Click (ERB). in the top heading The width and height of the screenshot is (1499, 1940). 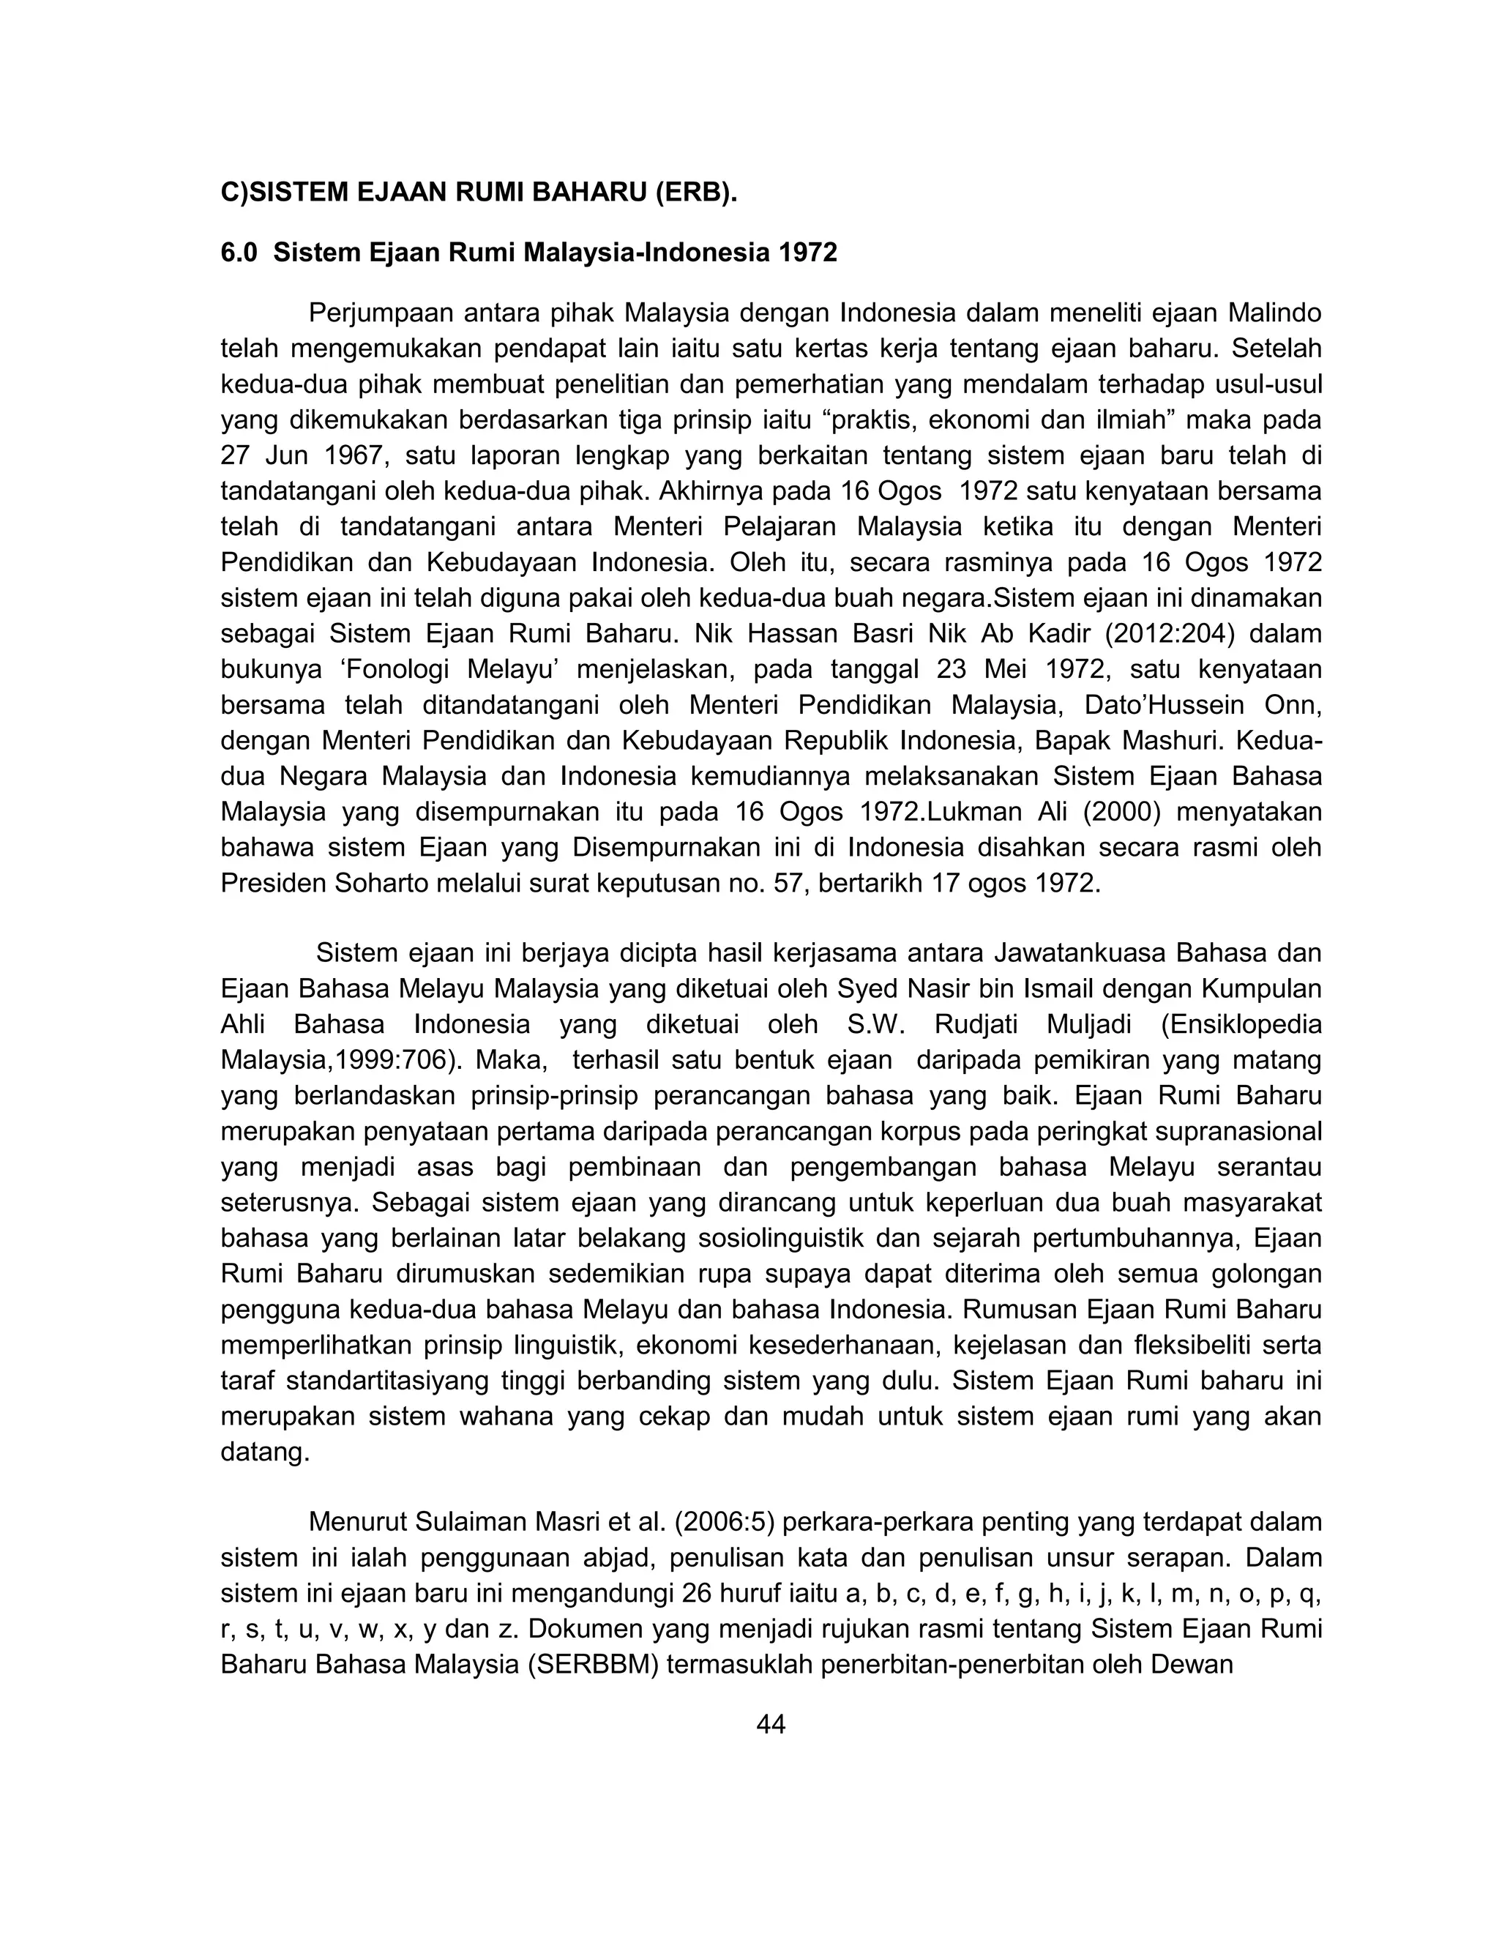[696, 192]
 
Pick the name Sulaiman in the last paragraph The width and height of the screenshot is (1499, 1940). [471, 1522]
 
